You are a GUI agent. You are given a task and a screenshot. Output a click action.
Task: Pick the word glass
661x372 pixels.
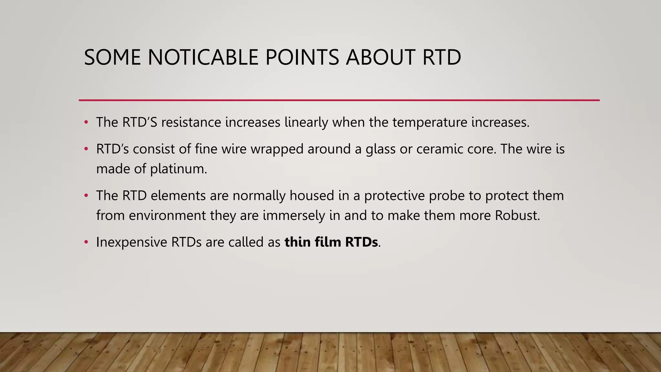coord(380,150)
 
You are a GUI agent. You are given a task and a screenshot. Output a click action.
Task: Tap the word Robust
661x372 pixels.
coord(517,216)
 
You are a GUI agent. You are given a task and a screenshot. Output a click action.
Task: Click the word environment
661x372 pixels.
coord(167,216)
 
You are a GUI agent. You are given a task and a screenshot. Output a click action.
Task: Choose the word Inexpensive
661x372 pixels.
coord(131,243)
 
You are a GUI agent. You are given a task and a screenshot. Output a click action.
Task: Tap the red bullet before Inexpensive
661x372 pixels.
coord(86,242)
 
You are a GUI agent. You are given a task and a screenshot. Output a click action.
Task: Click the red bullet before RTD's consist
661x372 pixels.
coord(86,149)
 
